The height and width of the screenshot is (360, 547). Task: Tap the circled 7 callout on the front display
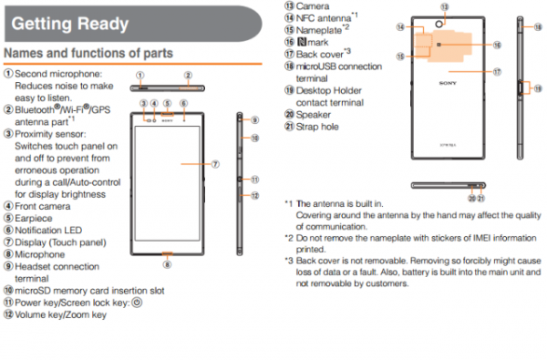(215, 165)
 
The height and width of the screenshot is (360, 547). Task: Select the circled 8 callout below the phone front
(167, 263)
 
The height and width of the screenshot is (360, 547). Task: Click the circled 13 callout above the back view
(443, 6)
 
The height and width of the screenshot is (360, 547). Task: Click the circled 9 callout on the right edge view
(255, 119)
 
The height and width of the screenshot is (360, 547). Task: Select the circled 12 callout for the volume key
(255, 195)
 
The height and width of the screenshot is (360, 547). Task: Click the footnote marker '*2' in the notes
(289, 237)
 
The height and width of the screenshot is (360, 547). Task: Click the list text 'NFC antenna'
(324, 17)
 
